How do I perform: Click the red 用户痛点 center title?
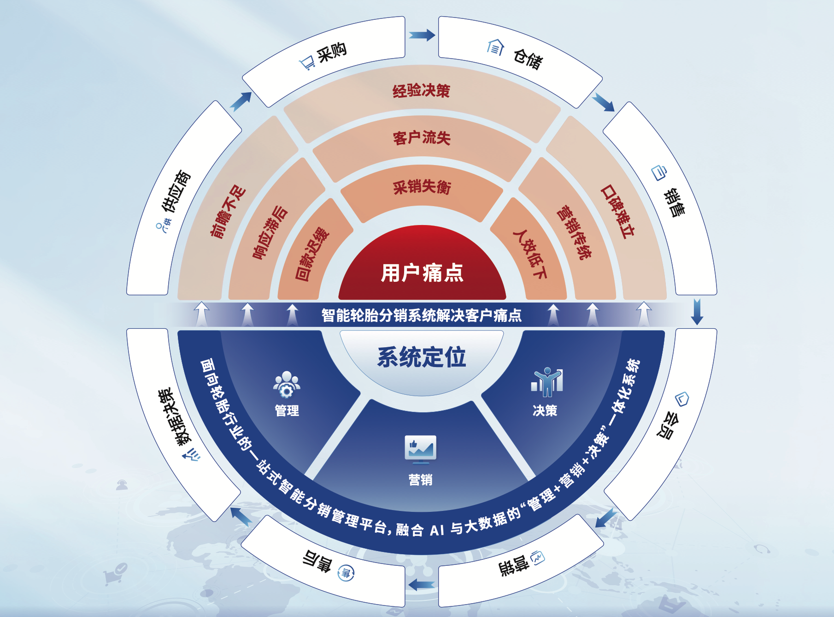tap(422, 273)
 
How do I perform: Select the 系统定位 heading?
tap(422, 357)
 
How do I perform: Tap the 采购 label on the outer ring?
tap(332, 52)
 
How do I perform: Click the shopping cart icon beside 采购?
tap(307, 62)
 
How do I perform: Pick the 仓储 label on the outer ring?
tap(528, 59)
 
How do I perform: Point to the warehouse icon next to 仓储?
tap(495, 47)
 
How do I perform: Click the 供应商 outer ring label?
tap(176, 191)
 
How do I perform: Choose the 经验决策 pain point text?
tap(421, 91)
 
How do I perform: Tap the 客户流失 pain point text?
tap(422, 138)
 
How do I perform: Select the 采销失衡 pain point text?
tap(422, 187)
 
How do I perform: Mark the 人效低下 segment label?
tap(530, 254)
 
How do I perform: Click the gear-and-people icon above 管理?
tap(287, 384)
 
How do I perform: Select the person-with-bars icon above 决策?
tap(546, 382)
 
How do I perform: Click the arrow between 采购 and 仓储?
tap(422, 35)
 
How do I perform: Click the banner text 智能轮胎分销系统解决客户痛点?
tap(421, 315)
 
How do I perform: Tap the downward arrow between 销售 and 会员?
tap(697, 311)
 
